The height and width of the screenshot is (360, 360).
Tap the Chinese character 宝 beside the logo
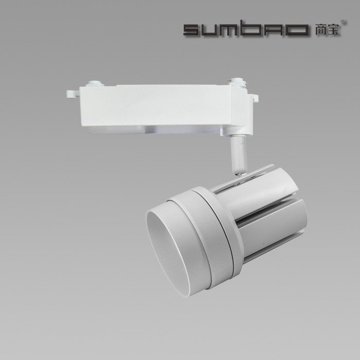(x=333, y=30)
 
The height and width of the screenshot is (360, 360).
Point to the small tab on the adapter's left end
(x=71, y=94)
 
